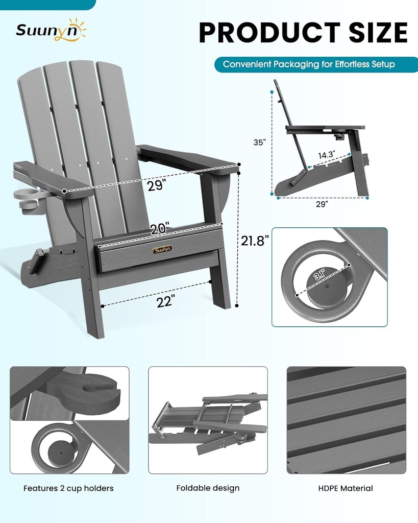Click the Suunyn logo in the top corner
50,30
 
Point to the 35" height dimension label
260,142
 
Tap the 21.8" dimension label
255,240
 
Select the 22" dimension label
165,301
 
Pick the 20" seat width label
159,229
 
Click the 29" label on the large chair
157,185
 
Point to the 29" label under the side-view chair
322,204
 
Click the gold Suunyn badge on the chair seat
162,250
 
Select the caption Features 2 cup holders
68,488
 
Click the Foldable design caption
208,488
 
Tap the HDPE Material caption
346,488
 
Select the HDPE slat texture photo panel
346,420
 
